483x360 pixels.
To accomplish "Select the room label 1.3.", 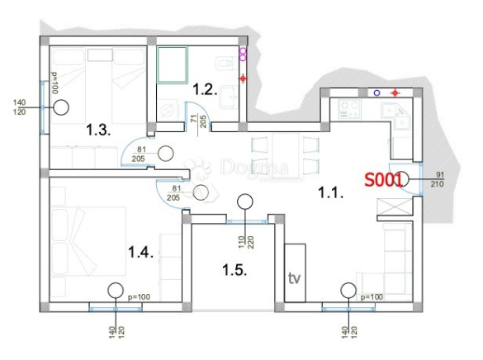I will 99,130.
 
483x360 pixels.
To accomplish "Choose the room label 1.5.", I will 234,269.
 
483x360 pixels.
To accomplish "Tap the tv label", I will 295,277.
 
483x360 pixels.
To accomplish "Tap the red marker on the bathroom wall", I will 243,78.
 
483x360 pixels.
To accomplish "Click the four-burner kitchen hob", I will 345,110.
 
